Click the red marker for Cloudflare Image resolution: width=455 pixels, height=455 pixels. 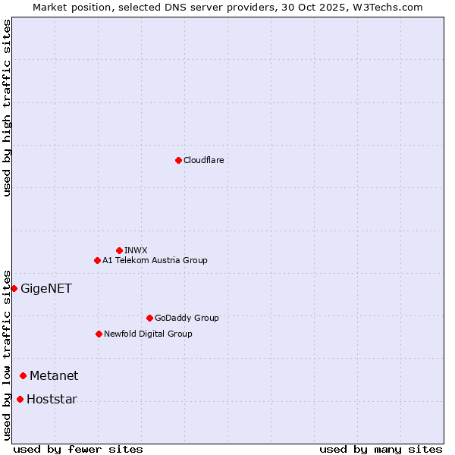click(x=178, y=160)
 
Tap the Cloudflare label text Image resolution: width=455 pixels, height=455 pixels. click(x=203, y=160)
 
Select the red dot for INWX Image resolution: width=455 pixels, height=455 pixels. click(x=119, y=250)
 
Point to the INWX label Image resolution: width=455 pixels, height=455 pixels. click(x=136, y=250)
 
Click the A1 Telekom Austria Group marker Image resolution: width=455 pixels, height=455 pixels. click(x=97, y=260)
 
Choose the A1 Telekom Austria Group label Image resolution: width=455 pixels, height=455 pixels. click(x=155, y=260)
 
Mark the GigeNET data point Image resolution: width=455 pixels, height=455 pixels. click(x=14, y=288)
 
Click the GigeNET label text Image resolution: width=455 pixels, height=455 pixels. click(x=45, y=288)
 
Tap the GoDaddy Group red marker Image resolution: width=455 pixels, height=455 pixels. click(x=149, y=318)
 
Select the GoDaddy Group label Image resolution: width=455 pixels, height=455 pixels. click(x=187, y=318)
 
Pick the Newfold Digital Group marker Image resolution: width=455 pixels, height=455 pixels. click(x=99, y=334)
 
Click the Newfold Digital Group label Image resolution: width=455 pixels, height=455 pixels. click(x=148, y=334)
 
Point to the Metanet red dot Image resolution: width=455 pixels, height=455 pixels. click(x=23, y=375)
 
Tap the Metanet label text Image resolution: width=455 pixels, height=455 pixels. click(x=54, y=375)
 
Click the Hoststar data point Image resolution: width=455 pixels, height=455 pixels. click(x=20, y=399)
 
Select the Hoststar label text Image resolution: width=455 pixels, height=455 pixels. click(x=52, y=399)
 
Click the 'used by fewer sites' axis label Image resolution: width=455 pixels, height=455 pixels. click(x=78, y=449)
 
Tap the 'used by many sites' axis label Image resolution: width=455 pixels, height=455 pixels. click(x=381, y=449)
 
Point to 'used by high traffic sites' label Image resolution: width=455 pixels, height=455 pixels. click(x=7, y=108)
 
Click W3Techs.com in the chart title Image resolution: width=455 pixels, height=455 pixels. click(x=385, y=7)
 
